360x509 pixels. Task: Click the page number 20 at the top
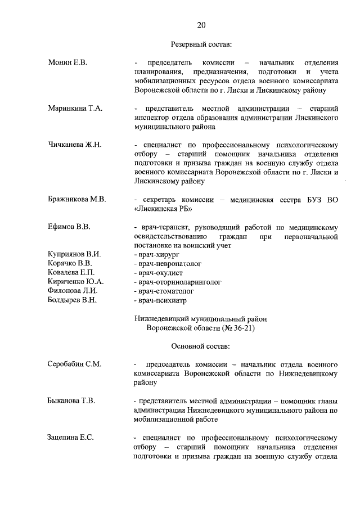tap(201, 24)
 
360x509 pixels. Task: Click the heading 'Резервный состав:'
tap(201, 43)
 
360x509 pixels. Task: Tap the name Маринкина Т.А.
tap(75, 108)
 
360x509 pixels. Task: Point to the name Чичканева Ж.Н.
tap(75, 145)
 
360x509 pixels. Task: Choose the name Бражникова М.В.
tap(77, 199)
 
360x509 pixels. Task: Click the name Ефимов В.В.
tap(70, 227)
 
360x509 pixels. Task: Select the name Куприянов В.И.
tap(75, 254)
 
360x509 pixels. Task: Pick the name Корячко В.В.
tap(70, 263)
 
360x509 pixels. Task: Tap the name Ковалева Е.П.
tap(71, 272)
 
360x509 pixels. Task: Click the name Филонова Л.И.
tap(73, 291)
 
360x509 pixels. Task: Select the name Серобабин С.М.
tap(74, 364)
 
